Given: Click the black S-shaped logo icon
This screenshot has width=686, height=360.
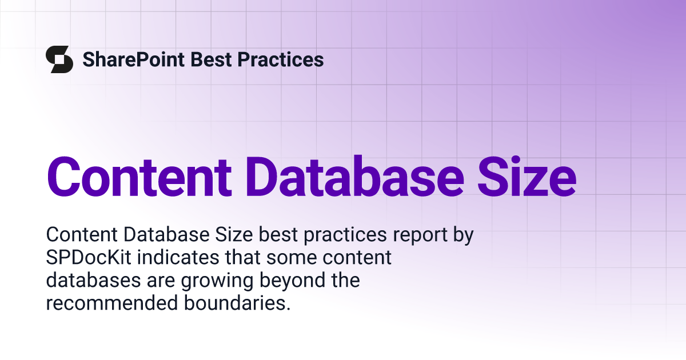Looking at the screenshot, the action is click(59, 59).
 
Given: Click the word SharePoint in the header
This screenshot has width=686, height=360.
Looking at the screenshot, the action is click(134, 59).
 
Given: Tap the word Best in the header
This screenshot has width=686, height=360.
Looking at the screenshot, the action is click(211, 59).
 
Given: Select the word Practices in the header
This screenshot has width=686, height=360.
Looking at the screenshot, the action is click(281, 59).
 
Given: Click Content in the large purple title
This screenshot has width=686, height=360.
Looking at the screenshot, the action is click(139, 178).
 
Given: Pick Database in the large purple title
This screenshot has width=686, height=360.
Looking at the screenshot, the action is click(355, 177).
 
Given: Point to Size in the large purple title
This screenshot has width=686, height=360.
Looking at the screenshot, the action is click(527, 177).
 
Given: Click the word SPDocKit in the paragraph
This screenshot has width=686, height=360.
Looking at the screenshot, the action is click(89, 257).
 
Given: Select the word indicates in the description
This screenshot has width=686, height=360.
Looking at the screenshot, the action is click(178, 257).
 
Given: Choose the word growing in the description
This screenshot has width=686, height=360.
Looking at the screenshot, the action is click(217, 281).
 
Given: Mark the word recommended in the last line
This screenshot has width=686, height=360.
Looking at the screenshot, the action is click(112, 302).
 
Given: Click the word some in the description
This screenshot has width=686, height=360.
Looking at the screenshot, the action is click(292, 258).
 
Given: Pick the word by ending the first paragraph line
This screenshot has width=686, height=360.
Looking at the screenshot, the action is click(463, 235).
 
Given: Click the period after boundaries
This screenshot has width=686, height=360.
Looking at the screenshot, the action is click(288, 309).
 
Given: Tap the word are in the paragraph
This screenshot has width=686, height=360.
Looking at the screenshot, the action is click(161, 281).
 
